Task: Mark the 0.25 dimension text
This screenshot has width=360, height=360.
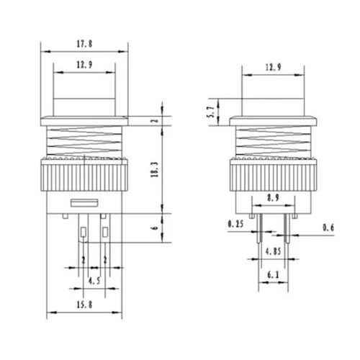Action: tap(235, 225)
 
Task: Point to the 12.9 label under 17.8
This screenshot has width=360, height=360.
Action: tap(84, 66)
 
